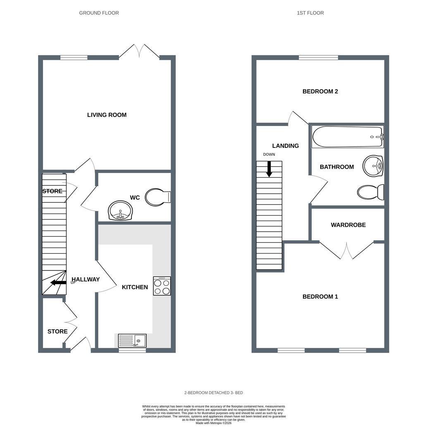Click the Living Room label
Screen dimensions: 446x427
tap(107, 115)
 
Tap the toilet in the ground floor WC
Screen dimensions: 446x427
tap(157, 197)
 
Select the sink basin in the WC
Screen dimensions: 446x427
tap(120, 211)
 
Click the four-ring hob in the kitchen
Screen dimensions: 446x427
tap(162, 286)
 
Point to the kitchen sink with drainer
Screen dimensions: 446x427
tap(132, 341)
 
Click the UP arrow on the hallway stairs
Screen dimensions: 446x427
tap(58, 282)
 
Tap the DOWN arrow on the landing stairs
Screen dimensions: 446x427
tap(269, 169)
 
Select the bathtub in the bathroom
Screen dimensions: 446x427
tap(347, 137)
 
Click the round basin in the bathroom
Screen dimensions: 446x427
tap(373, 166)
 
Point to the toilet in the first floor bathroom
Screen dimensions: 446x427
tap(370, 192)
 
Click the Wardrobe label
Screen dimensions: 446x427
tap(348, 225)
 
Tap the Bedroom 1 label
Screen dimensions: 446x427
tap(320, 297)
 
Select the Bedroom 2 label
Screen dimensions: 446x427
tap(320, 91)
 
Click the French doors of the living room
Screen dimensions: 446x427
tap(139, 52)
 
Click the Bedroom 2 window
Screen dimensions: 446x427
tap(318, 57)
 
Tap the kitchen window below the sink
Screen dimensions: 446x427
tap(132, 351)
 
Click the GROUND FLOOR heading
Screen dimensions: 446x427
tap(99, 13)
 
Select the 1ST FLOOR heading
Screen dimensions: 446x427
tap(310, 13)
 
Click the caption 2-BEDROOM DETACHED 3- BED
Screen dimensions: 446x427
tap(213, 393)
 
